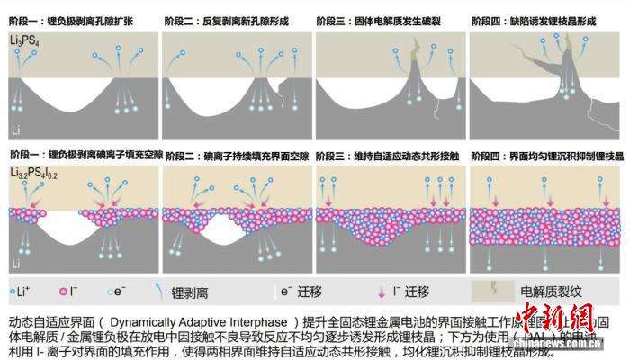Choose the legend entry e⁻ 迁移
(302, 292)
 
